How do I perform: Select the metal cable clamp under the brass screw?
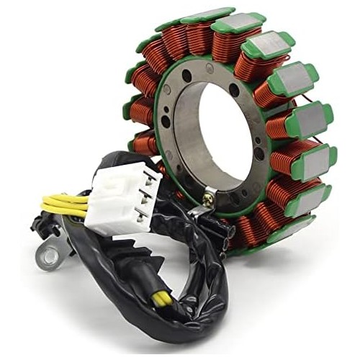pos(202,209)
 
